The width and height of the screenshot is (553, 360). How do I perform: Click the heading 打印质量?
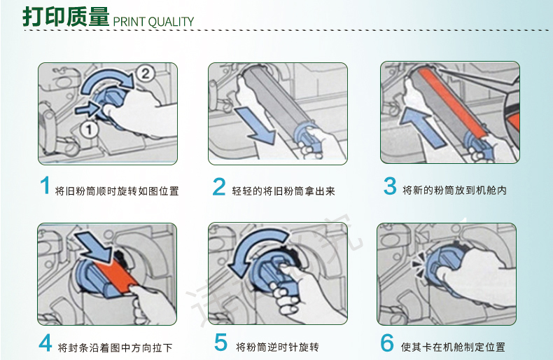(66, 17)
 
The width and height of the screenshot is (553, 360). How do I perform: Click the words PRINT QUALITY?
(153, 22)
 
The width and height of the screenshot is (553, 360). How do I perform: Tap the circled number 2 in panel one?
(145, 74)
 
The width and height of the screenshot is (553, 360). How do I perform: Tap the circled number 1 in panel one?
(89, 129)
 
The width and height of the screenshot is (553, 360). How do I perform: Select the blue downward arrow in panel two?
(255, 126)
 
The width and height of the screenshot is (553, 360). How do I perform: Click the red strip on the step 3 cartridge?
(452, 102)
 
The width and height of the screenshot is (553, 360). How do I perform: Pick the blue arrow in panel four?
(94, 247)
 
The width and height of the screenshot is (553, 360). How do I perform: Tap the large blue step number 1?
(45, 186)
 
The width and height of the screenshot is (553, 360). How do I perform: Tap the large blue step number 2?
(219, 186)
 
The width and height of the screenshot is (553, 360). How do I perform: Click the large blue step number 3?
(390, 186)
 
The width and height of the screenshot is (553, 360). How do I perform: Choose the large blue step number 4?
(45, 342)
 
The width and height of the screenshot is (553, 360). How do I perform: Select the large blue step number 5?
(220, 342)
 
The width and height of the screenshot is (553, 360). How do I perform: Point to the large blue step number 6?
(387, 342)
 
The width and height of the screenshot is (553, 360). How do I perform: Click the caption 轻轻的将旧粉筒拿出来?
(283, 191)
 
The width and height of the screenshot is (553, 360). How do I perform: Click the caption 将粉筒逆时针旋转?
(278, 347)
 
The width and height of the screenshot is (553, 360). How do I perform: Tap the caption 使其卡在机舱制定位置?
(453, 347)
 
